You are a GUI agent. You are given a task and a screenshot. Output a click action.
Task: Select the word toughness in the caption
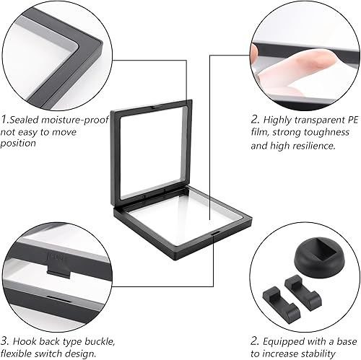pos(326,133)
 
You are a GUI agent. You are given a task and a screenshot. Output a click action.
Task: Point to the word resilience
pos(313,145)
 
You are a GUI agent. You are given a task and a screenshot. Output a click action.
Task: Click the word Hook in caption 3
pos(24,341)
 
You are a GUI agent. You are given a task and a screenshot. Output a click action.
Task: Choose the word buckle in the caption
pos(99,341)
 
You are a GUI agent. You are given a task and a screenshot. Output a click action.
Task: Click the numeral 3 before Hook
pos(4,341)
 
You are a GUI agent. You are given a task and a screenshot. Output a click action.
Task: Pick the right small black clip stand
pos(303,291)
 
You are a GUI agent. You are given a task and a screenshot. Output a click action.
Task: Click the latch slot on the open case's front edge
pos(215,233)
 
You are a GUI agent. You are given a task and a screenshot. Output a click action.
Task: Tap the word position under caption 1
pos(18,144)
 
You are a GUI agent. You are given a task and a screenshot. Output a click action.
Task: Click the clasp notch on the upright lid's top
pos(157,105)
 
